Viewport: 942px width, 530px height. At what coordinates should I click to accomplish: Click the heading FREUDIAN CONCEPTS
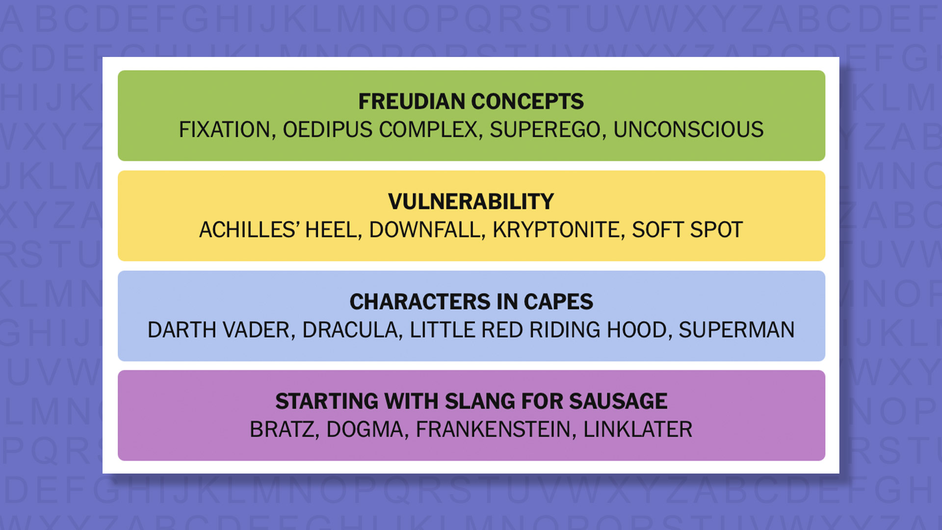coord(471,102)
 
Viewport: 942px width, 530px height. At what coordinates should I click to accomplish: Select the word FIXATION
coord(224,130)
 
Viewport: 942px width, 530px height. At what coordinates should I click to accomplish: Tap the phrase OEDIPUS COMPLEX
coord(380,130)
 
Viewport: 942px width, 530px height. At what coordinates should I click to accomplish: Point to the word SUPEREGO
coord(545,130)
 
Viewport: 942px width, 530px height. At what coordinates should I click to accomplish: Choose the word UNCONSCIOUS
coord(688,130)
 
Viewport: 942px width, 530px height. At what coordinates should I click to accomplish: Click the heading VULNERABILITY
coord(471,202)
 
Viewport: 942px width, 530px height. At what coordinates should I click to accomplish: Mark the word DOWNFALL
coord(424,230)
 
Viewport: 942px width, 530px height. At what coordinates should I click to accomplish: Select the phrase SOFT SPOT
coord(687,230)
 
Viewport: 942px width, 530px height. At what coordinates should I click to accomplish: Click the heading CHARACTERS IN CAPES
coord(471,302)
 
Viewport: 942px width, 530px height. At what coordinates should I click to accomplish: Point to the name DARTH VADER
coord(219,330)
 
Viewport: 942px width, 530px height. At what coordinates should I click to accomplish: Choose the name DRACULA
coord(350,330)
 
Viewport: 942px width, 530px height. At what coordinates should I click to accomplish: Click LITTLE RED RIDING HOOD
coord(538,330)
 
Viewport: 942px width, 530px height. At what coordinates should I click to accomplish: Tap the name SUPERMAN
coord(736,330)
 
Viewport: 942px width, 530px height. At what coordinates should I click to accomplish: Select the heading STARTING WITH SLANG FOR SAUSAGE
coord(471,401)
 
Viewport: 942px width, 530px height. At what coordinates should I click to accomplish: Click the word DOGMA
coord(365,430)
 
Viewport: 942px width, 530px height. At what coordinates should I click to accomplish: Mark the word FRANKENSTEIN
coord(493,430)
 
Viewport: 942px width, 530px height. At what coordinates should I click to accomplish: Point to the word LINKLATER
coord(637,430)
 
